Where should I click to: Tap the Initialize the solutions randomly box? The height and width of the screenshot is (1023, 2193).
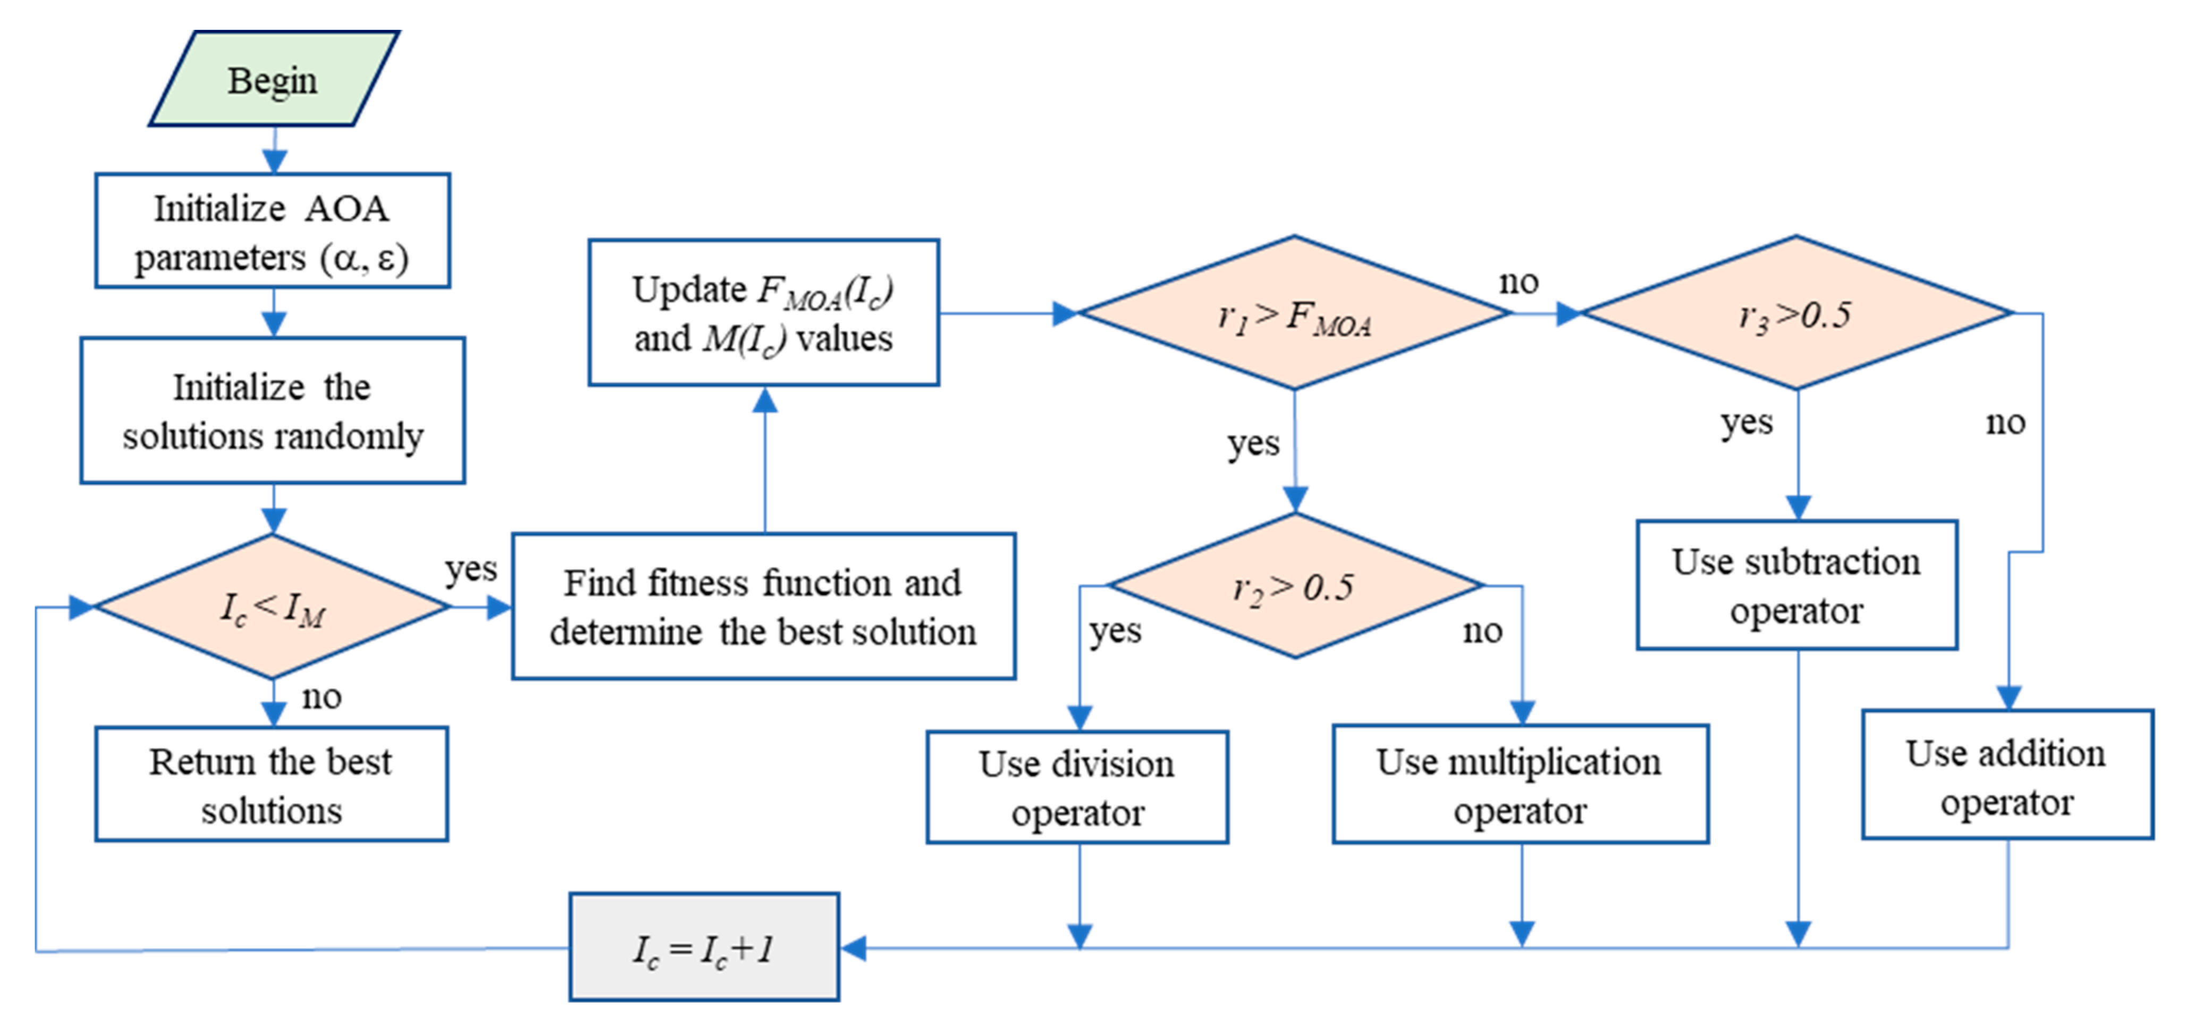pyautogui.click(x=273, y=411)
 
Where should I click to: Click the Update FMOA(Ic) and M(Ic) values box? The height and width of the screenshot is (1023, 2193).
pyautogui.click(x=764, y=313)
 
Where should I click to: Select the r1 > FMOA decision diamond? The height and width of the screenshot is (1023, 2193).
pyautogui.click(x=1294, y=313)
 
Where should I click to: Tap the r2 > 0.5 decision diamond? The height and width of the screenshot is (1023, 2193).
pyautogui.click(x=1294, y=586)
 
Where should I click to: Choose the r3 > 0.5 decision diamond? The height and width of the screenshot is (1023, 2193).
pyautogui.click(x=1796, y=313)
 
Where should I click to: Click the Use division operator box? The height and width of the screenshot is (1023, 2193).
pyautogui.click(x=1077, y=787)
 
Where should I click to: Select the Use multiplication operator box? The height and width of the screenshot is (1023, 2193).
pyautogui.click(x=1520, y=785)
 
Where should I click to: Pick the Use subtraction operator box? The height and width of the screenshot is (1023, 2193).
pyautogui.click(x=1796, y=585)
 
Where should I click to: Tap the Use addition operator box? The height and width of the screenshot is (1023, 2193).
pyautogui.click(x=2006, y=775)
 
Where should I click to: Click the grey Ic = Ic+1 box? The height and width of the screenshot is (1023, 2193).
pyautogui.click(x=704, y=947)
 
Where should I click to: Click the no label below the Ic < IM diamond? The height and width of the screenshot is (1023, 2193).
pyautogui.click(x=322, y=697)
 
